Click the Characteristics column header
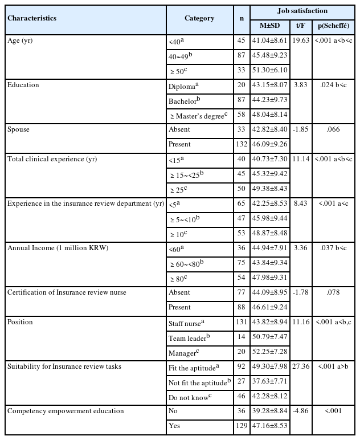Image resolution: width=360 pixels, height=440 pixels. (x=32, y=18)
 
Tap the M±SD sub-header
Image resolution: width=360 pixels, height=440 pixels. (x=270, y=26)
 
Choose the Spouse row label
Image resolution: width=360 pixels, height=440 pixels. (x=18, y=129)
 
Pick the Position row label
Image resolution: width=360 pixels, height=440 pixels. (x=20, y=322)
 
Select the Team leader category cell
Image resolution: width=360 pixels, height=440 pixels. (x=188, y=337)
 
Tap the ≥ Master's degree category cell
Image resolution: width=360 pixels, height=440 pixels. (x=198, y=115)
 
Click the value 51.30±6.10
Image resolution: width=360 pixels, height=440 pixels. (x=270, y=70)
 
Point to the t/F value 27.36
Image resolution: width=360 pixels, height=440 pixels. (x=300, y=366)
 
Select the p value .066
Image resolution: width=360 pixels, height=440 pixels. (x=333, y=129)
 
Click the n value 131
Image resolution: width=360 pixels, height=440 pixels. (x=242, y=323)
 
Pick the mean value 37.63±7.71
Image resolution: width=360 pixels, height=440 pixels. (x=270, y=381)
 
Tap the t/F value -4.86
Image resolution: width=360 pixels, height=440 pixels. (x=300, y=410)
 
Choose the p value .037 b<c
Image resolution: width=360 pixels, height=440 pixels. (x=333, y=248)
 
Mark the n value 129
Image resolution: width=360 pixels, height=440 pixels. (x=242, y=425)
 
